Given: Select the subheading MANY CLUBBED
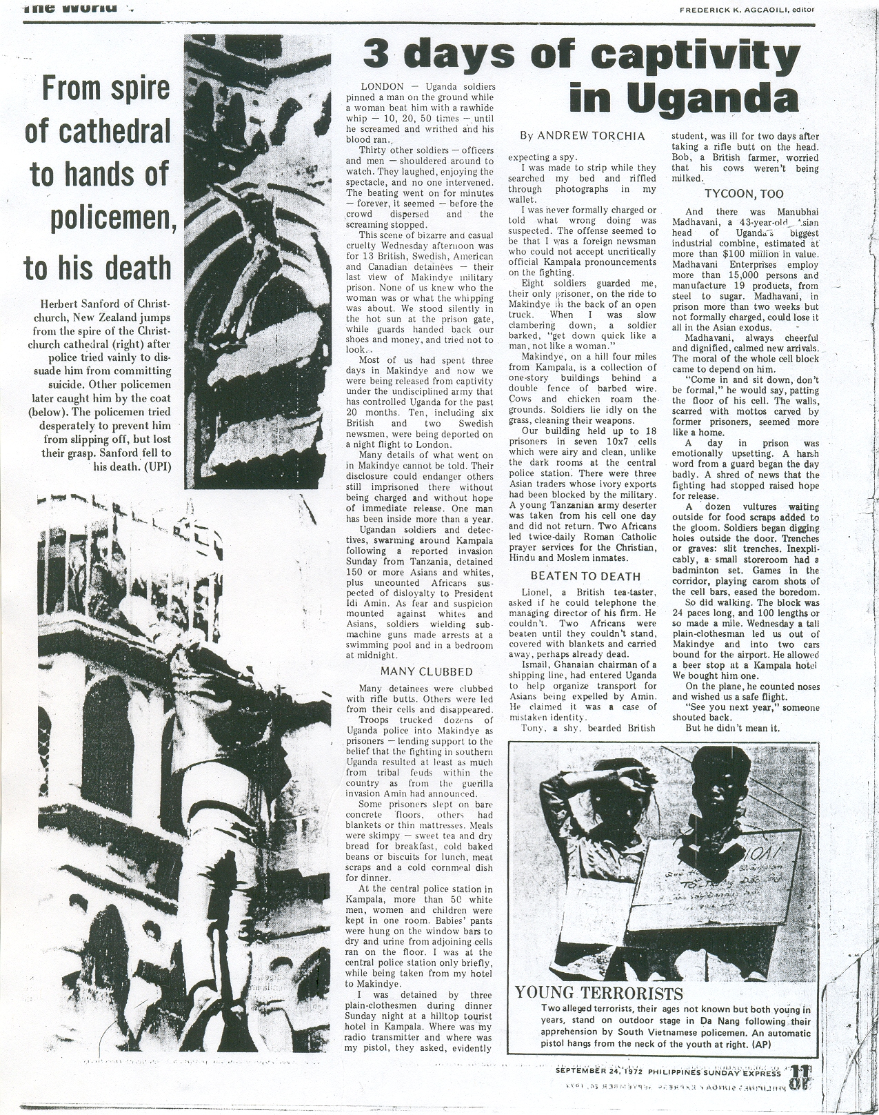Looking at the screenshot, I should click(x=427, y=671).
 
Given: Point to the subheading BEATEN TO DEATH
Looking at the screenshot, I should click(x=585, y=576).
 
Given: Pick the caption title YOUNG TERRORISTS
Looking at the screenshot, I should click(x=599, y=994).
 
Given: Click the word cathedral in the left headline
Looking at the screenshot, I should click(x=97, y=130).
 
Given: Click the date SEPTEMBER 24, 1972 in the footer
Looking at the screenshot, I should click(x=599, y=1073).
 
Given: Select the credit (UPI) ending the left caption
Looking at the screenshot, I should click(x=156, y=466).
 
